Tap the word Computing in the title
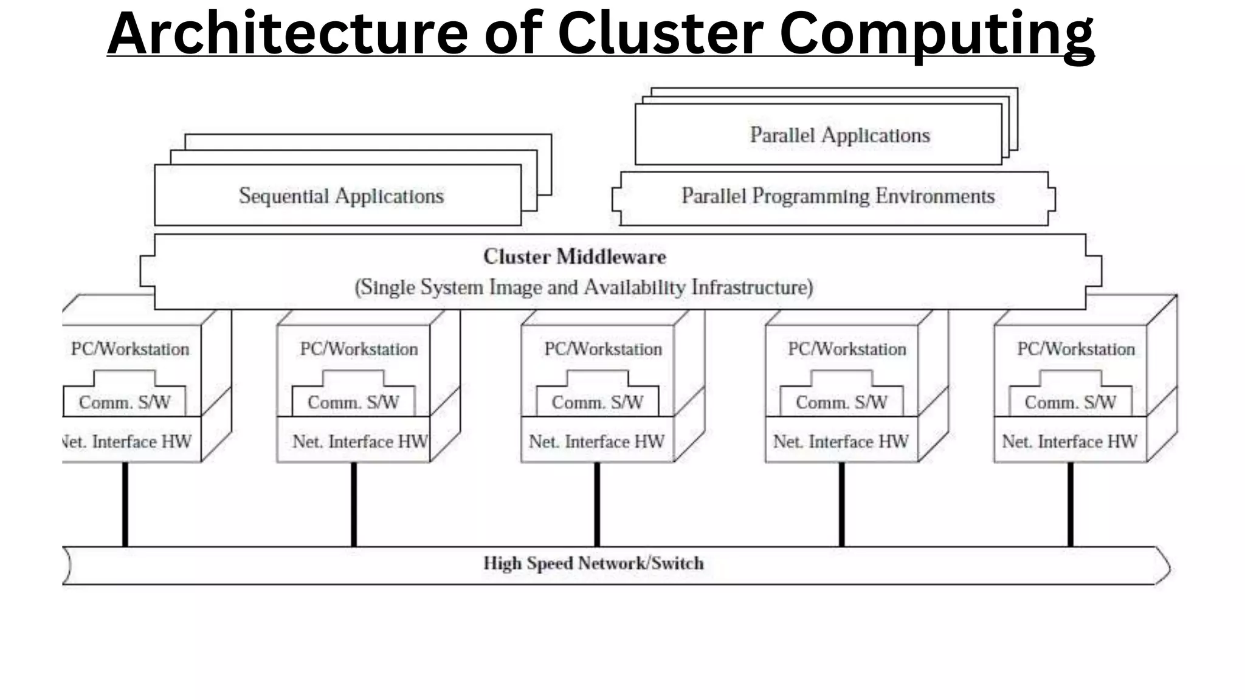point(936,35)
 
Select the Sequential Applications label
point(341,196)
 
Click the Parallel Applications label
point(840,135)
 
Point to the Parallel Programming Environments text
point(838,196)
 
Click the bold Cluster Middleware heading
point(574,256)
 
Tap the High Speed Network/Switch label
point(593,563)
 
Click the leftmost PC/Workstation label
point(130,349)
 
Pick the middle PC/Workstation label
point(603,349)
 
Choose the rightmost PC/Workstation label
point(1076,349)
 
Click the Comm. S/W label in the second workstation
point(353,402)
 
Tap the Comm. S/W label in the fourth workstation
point(841,402)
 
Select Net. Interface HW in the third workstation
point(596,441)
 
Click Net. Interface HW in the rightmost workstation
point(1069,441)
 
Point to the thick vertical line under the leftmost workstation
point(125,504)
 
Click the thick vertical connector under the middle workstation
point(597,504)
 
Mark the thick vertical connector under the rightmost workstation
point(1071,504)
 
